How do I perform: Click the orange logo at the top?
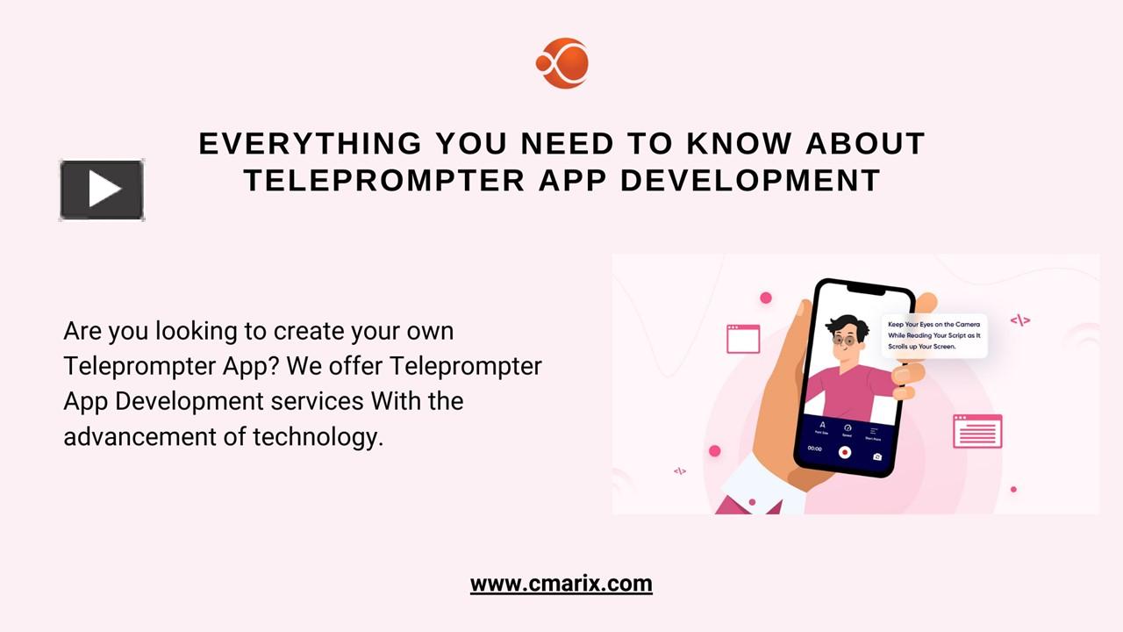click(x=561, y=63)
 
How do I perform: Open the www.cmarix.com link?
click(x=561, y=584)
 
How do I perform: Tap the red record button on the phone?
click(x=844, y=452)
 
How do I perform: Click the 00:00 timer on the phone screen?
click(x=814, y=449)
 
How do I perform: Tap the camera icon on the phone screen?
click(x=876, y=456)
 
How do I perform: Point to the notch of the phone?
click(x=866, y=289)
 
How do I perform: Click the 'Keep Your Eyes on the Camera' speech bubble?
click(x=933, y=335)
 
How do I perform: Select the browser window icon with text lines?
click(x=977, y=432)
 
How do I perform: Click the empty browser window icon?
click(x=743, y=338)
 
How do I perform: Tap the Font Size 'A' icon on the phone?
click(x=822, y=427)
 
